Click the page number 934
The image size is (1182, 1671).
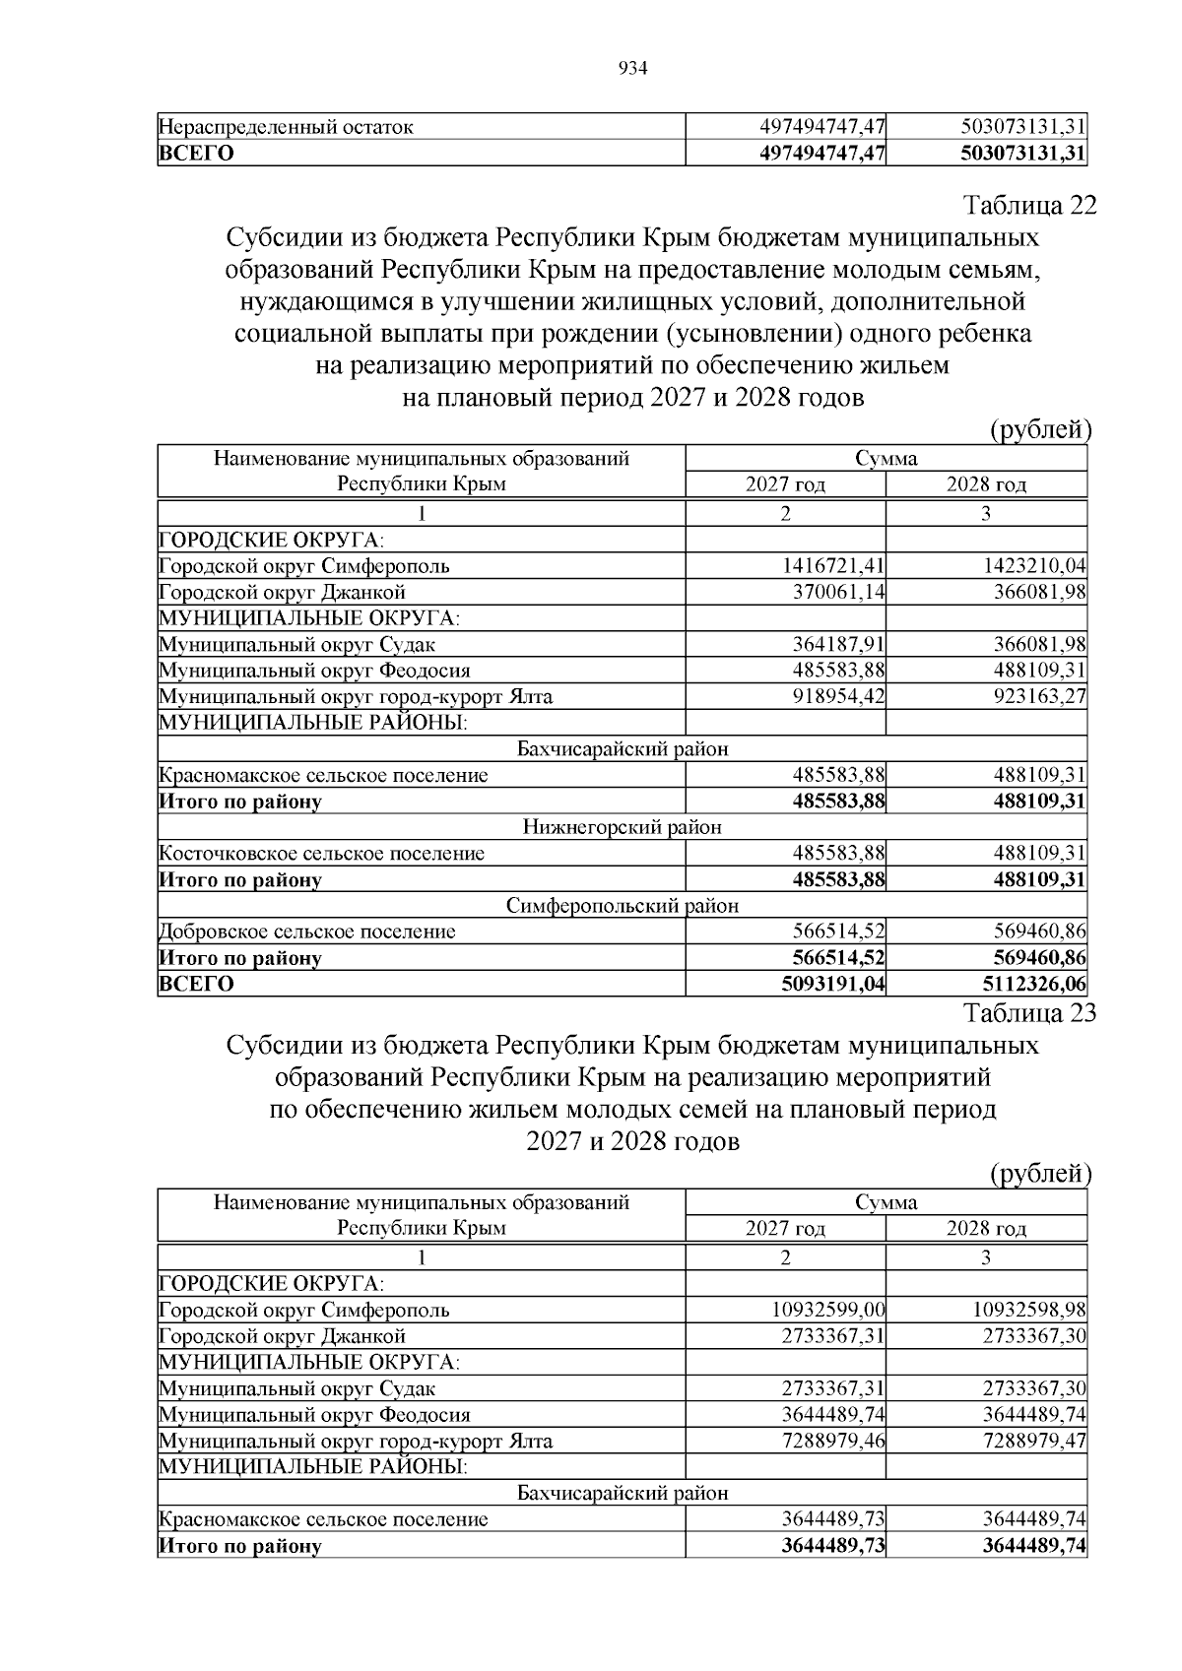click(x=632, y=68)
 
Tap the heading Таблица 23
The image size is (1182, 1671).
click(x=1029, y=1012)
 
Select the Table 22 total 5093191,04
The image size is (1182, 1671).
click(x=833, y=984)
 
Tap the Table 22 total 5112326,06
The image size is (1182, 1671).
click(x=1034, y=984)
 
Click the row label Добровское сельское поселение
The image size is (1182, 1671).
click(x=307, y=932)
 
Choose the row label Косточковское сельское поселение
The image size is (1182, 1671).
click(x=322, y=854)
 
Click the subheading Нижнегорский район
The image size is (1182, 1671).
click(x=622, y=827)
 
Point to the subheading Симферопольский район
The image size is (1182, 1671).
click(x=622, y=906)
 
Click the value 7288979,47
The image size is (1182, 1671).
click(x=1034, y=1441)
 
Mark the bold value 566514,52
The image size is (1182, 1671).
click(x=838, y=958)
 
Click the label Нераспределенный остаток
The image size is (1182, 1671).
click(x=287, y=127)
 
